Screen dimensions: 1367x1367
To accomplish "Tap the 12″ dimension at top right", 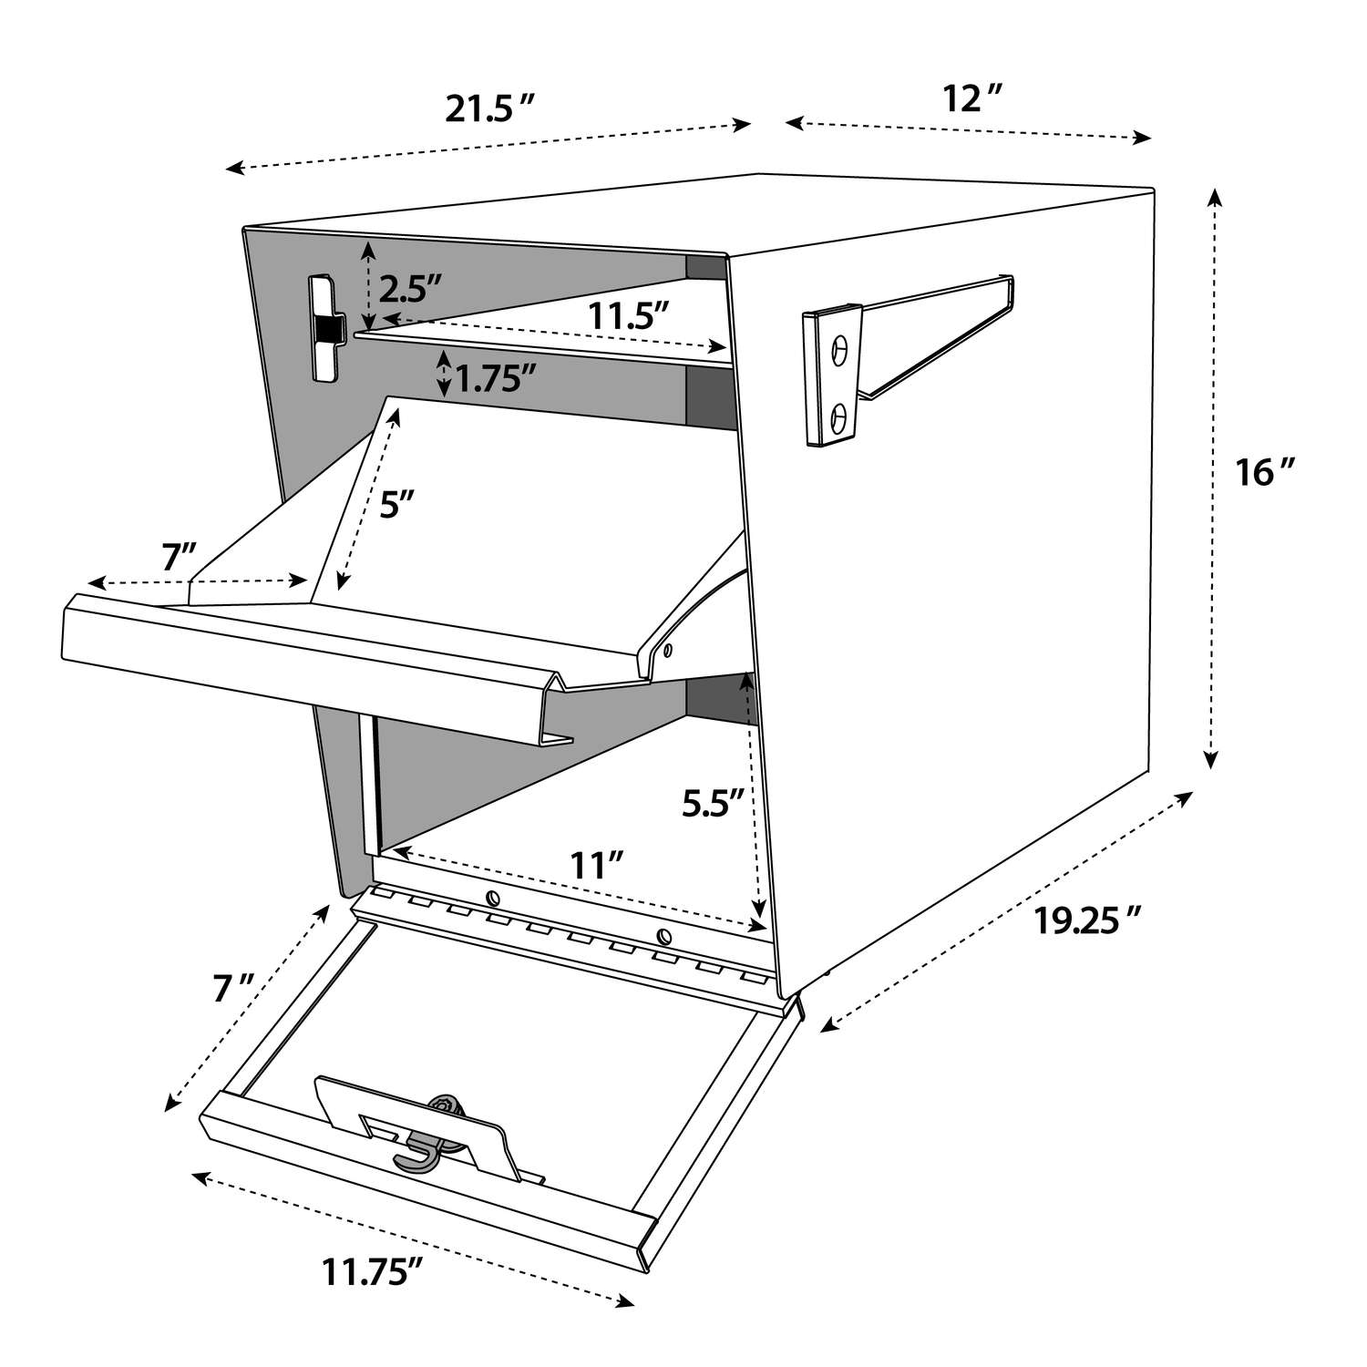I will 972,98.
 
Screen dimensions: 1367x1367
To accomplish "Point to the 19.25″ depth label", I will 1087,921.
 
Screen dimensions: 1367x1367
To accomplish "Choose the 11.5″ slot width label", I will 629,316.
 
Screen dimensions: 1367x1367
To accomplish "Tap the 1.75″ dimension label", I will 493,377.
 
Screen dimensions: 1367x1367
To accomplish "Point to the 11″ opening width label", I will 597,864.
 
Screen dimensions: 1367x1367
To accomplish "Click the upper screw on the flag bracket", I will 840,347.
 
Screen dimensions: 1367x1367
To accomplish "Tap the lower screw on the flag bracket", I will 840,417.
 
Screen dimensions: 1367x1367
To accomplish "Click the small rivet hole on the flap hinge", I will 668,651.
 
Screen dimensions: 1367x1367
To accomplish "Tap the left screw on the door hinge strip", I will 491,896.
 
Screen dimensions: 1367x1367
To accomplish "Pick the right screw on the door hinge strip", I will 663,936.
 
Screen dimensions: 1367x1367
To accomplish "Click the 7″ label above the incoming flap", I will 179,558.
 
